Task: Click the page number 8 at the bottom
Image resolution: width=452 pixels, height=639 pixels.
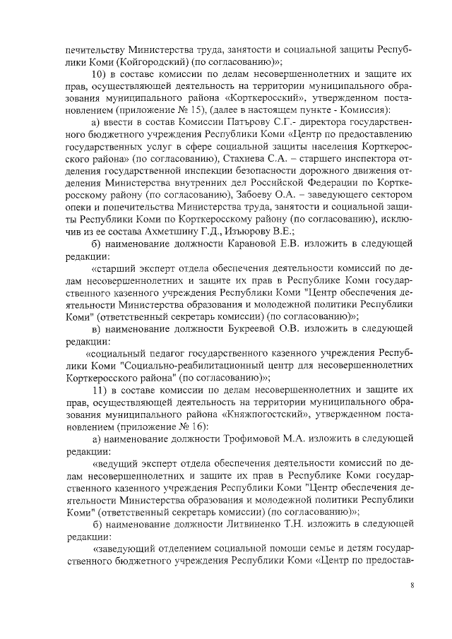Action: (x=412, y=585)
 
